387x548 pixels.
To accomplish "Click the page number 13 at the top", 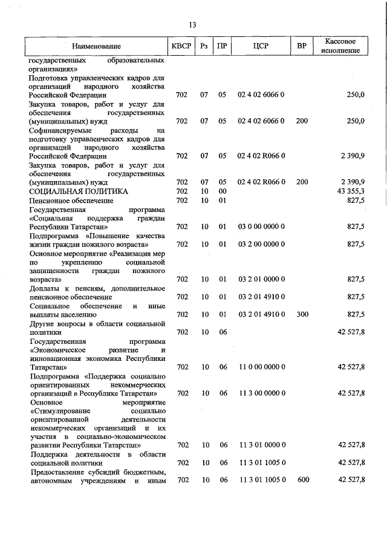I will pyautogui.click(x=193, y=25).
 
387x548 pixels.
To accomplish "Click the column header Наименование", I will pyautogui.click(x=96, y=46).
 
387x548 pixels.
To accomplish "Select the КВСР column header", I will pyautogui.click(x=181, y=46).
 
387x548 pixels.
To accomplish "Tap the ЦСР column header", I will pyautogui.click(x=261, y=46).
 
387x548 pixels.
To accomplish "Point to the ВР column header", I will pyautogui.click(x=302, y=46).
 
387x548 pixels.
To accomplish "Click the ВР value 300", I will pyautogui.click(x=302, y=314).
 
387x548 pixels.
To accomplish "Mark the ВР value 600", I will pyautogui.click(x=302, y=480).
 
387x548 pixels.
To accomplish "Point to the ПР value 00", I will pyautogui.click(x=223, y=191).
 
